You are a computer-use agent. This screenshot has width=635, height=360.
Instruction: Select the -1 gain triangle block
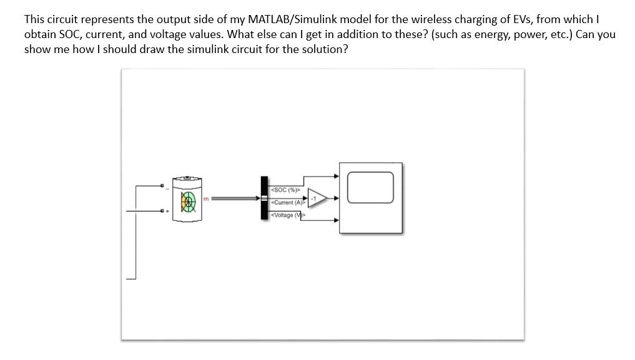315,199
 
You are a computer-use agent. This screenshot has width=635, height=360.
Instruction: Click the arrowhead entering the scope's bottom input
337,220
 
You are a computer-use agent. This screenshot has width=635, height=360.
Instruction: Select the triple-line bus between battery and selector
234,199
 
